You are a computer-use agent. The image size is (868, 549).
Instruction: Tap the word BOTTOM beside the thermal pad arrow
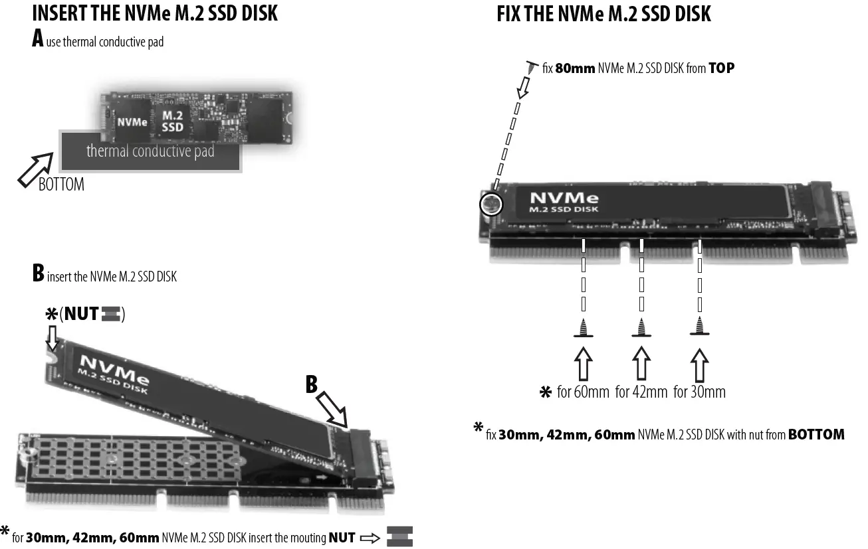pyautogui.click(x=61, y=185)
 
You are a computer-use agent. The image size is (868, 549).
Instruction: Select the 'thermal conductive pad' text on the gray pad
pyautogui.click(x=150, y=151)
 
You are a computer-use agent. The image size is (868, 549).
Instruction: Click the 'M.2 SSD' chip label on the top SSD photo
pyautogui.click(x=172, y=121)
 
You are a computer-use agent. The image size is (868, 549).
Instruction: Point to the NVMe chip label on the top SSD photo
pyautogui.click(x=132, y=122)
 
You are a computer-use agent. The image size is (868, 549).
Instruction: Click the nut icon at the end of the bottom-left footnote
pyautogui.click(x=399, y=536)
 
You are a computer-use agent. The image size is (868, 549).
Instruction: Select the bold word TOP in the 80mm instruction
pyautogui.click(x=721, y=68)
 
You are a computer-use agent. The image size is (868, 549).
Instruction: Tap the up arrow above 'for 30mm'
pyautogui.click(x=699, y=364)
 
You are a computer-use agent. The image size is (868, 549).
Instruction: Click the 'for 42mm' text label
pyautogui.click(x=641, y=392)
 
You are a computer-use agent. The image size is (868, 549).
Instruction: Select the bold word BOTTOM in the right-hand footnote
pyautogui.click(x=816, y=435)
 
